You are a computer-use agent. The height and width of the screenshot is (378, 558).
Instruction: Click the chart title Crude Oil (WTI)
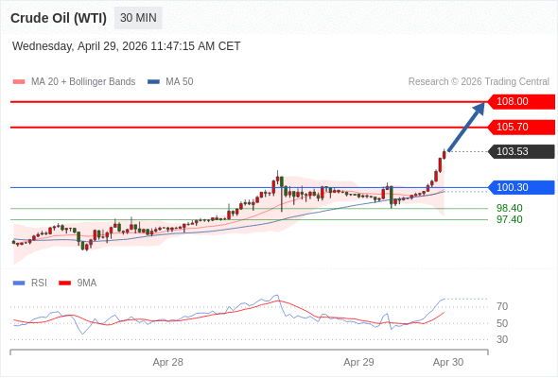[59, 18]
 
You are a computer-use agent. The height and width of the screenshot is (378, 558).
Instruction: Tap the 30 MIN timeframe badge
[138, 18]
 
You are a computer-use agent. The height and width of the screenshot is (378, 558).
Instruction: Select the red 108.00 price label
[520, 102]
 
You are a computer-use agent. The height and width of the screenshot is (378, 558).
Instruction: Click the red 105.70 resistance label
[520, 127]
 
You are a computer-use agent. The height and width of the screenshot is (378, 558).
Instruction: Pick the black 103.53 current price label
[520, 151]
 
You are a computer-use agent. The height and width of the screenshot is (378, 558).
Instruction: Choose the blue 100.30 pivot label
[520, 187]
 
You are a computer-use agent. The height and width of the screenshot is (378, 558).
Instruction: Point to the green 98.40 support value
[510, 209]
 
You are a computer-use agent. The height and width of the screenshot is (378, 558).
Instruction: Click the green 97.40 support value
[510, 219]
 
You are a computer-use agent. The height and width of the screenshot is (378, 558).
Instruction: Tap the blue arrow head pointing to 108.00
[479, 109]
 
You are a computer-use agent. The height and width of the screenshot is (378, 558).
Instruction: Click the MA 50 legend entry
[170, 82]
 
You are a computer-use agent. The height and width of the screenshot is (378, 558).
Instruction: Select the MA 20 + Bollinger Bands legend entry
[74, 82]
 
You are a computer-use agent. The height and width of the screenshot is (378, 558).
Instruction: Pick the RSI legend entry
[30, 283]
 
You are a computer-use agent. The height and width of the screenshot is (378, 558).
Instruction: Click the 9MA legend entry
[78, 283]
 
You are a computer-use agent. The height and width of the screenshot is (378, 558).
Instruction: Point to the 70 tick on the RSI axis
[502, 306]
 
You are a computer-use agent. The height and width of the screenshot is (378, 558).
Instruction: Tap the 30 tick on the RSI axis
[502, 339]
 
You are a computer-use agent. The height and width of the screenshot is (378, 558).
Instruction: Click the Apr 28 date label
[168, 362]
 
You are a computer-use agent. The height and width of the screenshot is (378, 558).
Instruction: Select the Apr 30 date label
[448, 362]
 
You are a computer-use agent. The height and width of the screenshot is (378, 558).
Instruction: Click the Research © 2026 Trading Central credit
[479, 82]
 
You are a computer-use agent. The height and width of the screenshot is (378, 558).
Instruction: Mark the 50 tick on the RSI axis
[502, 323]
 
